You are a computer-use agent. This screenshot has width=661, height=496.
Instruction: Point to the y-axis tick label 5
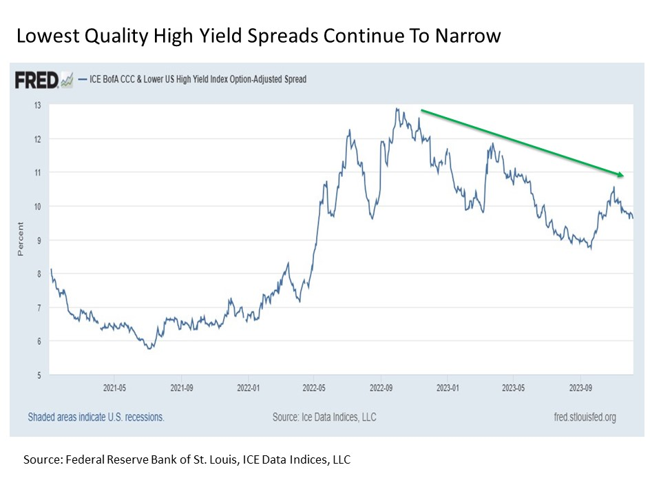39,375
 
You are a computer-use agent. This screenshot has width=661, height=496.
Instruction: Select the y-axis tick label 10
37,207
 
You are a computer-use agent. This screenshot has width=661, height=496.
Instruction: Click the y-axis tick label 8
39,274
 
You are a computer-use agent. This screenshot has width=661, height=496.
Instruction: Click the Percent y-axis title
20,239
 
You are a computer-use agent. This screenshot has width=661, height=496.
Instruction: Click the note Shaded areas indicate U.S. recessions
96,417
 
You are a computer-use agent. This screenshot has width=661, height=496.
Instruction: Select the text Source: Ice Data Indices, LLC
324,417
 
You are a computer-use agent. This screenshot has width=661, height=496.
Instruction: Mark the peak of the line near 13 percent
397,108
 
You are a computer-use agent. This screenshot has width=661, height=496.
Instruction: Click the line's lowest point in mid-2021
150,349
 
